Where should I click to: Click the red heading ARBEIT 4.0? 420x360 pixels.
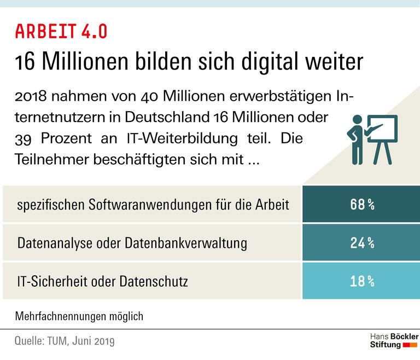click(x=61, y=31)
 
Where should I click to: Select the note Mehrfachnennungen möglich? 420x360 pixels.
click(x=79, y=316)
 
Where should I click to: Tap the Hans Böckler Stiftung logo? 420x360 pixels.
click(x=394, y=340)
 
